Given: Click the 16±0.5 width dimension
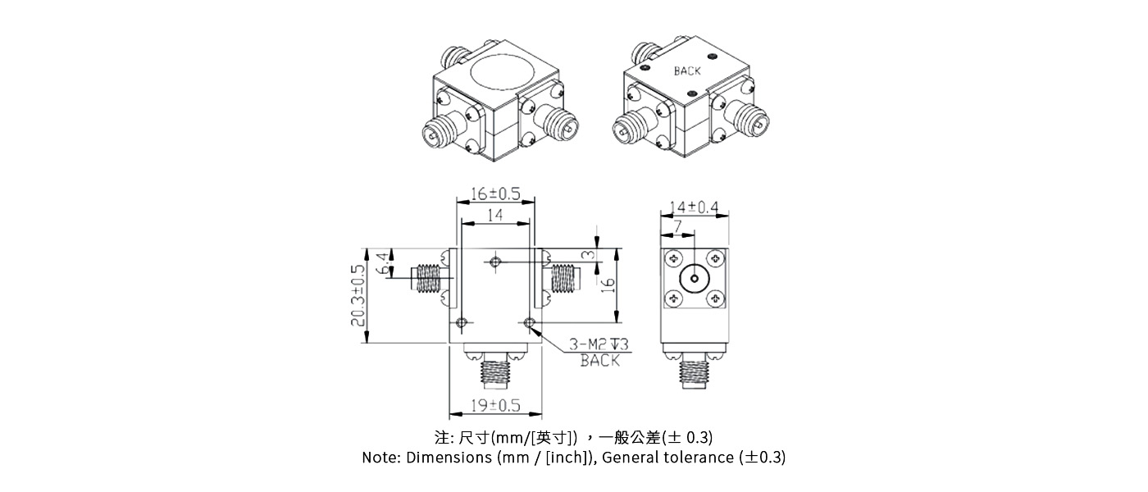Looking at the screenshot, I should (x=495, y=194).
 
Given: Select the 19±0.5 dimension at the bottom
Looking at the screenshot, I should (x=494, y=405).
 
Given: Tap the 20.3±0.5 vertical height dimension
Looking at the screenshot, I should (x=358, y=295).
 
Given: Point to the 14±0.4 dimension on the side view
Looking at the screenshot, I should (x=694, y=207).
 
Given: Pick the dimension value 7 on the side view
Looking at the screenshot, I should (x=677, y=225).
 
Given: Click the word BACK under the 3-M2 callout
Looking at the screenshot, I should (x=599, y=360).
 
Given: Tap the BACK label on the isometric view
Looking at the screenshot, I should (x=687, y=71).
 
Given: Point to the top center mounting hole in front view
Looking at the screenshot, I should (x=494, y=262).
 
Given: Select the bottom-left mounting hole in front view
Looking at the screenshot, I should (x=462, y=321).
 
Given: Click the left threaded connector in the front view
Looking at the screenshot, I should (x=426, y=278).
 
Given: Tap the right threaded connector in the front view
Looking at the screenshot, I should (x=564, y=278).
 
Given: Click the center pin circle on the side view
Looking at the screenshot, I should (x=694, y=279).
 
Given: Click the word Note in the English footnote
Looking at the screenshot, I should (x=380, y=458).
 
